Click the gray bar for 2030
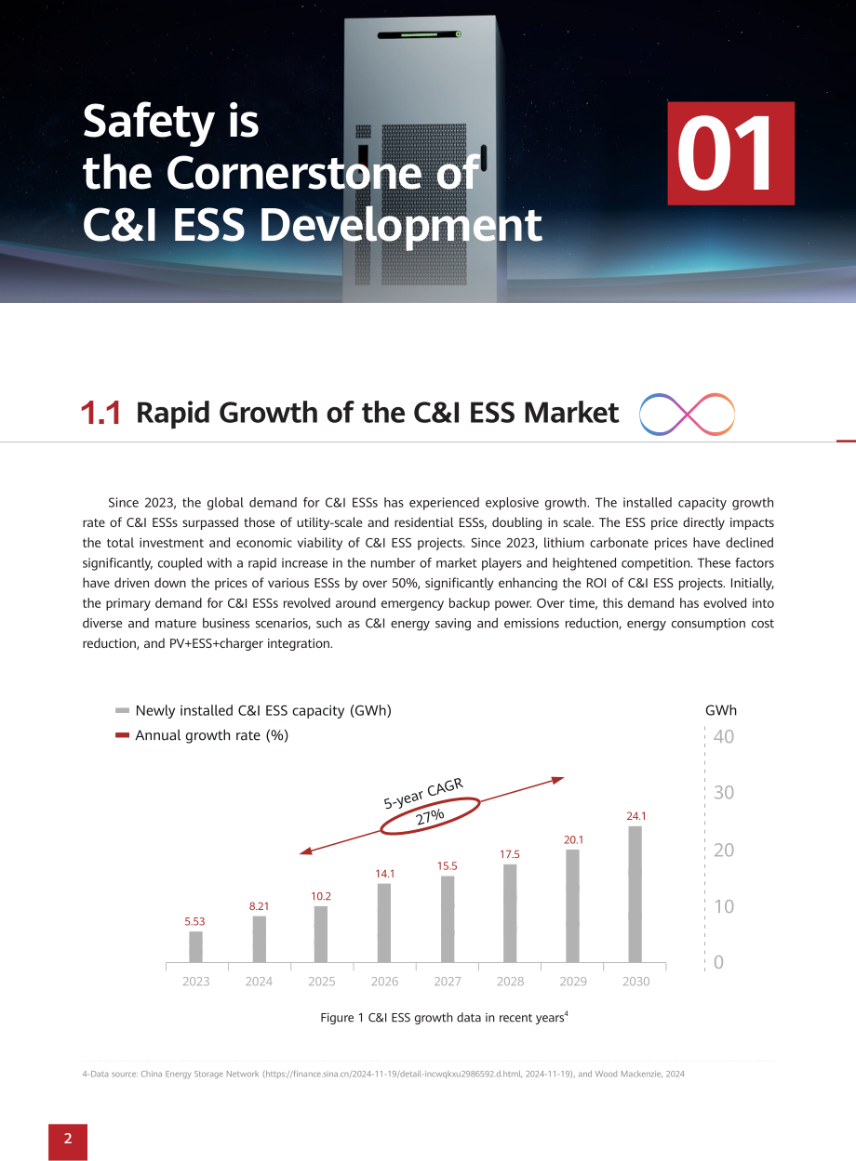[x=635, y=894]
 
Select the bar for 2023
[x=195, y=947]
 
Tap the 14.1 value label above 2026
[x=385, y=874]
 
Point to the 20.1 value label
[x=574, y=839]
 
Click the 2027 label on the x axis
[x=448, y=982]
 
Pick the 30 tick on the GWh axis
[x=724, y=793]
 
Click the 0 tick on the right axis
[x=718, y=962]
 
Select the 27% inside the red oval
[x=430, y=817]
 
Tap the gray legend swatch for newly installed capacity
[x=122, y=710]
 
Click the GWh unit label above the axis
[x=720, y=710]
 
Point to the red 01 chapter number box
[x=730, y=153]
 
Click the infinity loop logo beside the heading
[x=687, y=415]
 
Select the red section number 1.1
[x=100, y=413]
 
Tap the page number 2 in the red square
[x=68, y=1138]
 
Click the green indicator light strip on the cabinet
[x=419, y=34]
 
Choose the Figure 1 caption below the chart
[x=444, y=1018]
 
